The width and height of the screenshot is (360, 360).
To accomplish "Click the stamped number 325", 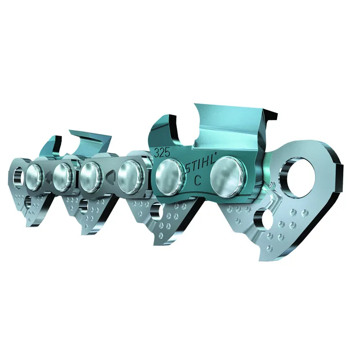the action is [162, 153].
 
